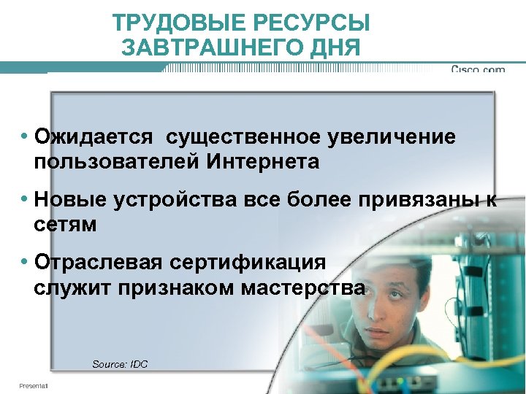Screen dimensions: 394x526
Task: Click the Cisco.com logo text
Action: point(478,70)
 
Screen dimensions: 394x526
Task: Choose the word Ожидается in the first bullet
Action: point(94,136)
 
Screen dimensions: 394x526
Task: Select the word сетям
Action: point(65,224)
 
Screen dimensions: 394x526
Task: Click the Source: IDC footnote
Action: point(120,363)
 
